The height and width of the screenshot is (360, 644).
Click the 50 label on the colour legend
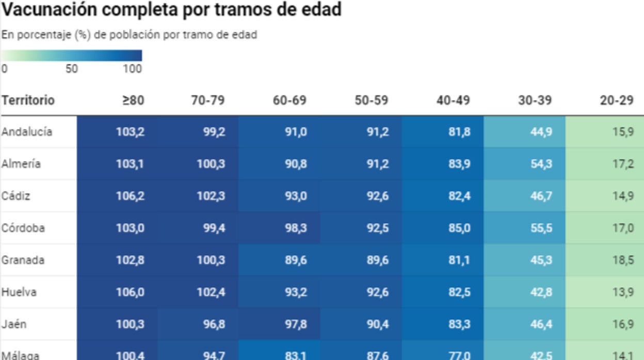(72, 69)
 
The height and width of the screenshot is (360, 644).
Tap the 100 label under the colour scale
(133, 69)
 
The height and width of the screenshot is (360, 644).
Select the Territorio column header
(28, 100)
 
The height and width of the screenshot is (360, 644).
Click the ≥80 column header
(133, 100)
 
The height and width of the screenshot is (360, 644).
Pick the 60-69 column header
(289, 100)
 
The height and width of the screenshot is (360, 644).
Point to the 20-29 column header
(617, 100)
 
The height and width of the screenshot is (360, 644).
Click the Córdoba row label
(23, 227)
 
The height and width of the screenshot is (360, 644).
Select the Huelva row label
(19, 292)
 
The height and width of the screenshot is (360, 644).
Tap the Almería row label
(21, 164)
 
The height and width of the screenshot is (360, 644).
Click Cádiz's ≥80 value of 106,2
(130, 196)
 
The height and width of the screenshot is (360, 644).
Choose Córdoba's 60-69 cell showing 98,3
(296, 228)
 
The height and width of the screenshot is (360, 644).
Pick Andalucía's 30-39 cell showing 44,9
(541, 132)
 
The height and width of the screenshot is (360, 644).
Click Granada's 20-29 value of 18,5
(623, 260)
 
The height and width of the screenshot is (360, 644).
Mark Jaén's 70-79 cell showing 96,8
(214, 324)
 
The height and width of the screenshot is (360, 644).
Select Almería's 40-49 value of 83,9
(459, 164)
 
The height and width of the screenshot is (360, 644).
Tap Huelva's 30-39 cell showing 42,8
(541, 292)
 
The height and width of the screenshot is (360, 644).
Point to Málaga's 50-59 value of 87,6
(378, 354)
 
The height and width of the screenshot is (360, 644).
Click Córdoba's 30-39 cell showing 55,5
(541, 228)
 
